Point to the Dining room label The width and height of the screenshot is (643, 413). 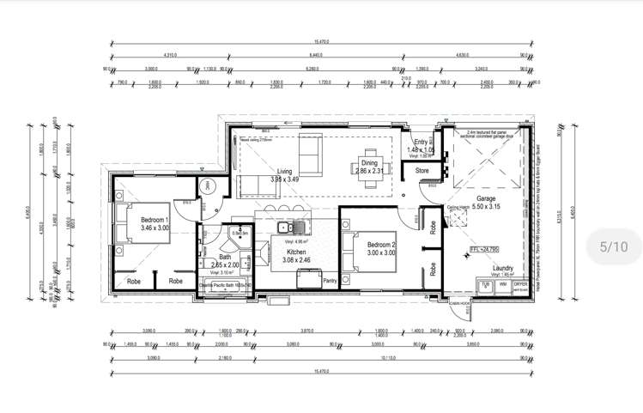point(369,162)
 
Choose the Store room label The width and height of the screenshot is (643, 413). point(422,171)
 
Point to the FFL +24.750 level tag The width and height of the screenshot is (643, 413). point(483,250)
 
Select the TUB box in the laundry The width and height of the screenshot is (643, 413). point(486,284)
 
